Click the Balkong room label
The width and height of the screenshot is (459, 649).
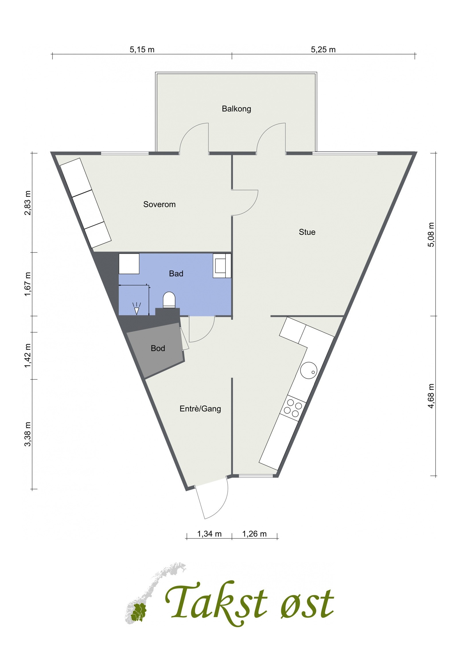point(236,109)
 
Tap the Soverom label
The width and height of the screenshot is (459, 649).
point(159,204)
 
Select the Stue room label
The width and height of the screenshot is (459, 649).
point(307,232)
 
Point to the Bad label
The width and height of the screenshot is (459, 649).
point(176,274)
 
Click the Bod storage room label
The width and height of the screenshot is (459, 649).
point(158,348)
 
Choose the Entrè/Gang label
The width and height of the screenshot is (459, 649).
point(200,409)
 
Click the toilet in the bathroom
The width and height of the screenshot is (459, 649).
point(169,300)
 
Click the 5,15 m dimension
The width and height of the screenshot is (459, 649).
point(142,50)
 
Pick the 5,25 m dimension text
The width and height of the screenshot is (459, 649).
point(323,50)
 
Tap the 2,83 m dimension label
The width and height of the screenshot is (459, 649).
point(28,202)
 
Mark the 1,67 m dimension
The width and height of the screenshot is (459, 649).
point(28,284)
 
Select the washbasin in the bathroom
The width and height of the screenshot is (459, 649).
point(222,266)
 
